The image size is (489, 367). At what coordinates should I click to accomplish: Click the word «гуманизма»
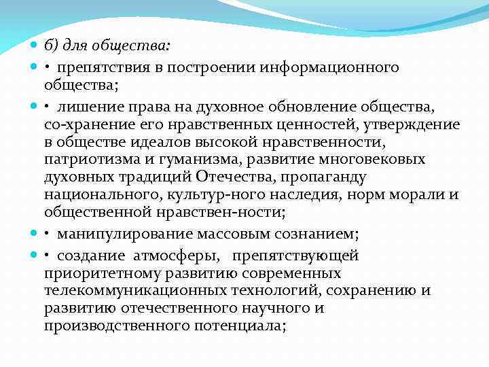(188, 160)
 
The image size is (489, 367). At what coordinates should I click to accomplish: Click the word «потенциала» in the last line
(245, 326)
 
